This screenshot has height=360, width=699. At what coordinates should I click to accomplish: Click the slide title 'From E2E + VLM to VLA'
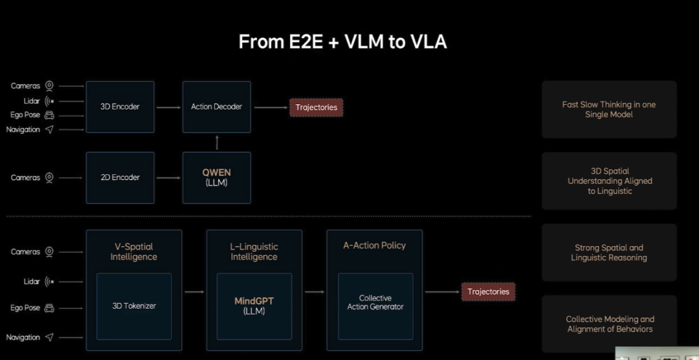[342, 42]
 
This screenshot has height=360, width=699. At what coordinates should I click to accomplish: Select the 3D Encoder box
[120, 107]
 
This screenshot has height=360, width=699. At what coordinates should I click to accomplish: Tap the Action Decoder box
[217, 107]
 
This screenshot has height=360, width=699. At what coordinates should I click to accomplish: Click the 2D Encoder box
[120, 177]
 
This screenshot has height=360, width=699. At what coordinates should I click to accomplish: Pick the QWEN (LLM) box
[217, 177]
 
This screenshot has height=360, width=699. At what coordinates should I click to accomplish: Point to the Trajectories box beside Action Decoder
[316, 107]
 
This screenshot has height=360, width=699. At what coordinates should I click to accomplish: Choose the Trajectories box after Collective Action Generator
[488, 292]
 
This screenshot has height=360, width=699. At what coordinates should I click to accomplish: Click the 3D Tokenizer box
[134, 306]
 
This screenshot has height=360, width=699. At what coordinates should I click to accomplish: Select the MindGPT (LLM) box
[254, 306]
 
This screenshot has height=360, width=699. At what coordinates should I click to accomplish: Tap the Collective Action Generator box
[375, 306]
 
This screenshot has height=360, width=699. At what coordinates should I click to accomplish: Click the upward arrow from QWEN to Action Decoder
[217, 142]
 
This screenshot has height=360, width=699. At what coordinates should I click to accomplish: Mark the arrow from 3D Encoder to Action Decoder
[168, 107]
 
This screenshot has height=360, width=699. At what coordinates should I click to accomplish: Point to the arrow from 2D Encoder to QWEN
[168, 178]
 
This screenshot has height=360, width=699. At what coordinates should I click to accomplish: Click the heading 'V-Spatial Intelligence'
[134, 252]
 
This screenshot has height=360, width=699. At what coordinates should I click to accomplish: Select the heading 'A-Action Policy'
[375, 245]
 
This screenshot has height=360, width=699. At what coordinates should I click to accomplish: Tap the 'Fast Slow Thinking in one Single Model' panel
[609, 109]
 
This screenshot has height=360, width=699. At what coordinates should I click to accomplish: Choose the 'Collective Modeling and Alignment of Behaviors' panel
[609, 324]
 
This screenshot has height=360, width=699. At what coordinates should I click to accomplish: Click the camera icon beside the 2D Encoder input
[49, 177]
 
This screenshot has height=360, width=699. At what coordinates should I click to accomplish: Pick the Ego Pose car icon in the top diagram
[49, 115]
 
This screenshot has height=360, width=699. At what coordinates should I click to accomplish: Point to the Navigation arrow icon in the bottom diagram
[49, 337]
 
